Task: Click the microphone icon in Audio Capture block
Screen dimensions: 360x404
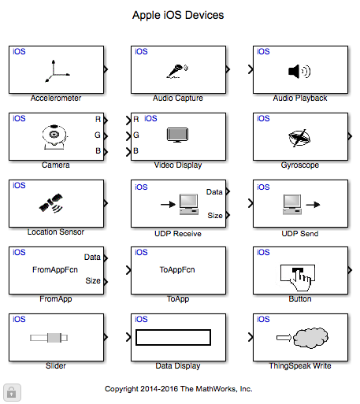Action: tap(177, 71)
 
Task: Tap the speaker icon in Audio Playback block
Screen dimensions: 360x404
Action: tap(299, 71)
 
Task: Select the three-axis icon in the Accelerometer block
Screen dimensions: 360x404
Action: tap(57, 71)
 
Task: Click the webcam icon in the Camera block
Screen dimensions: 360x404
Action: tap(54, 137)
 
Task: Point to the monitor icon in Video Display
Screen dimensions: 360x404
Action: tap(178, 135)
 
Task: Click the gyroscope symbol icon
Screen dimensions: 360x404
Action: tap(299, 138)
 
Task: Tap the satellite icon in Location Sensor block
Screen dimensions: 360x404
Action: tap(51, 203)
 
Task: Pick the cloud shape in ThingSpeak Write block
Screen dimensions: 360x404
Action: tap(310, 337)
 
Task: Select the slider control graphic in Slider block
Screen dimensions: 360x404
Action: tap(49, 338)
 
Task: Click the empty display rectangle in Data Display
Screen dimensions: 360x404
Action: tap(173, 337)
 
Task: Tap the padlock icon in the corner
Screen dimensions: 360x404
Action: tap(12, 393)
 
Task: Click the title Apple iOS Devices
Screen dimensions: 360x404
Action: tap(178, 15)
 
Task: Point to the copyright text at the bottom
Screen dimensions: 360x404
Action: tap(179, 389)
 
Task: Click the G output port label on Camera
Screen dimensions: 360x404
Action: tap(98, 135)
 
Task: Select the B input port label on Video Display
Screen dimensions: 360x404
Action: tap(135, 151)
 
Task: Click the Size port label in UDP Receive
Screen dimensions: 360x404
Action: tap(215, 216)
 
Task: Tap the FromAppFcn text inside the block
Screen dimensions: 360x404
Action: tap(55, 270)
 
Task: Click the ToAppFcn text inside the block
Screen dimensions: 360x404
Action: tap(177, 270)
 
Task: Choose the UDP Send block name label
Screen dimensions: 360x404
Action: tap(300, 234)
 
